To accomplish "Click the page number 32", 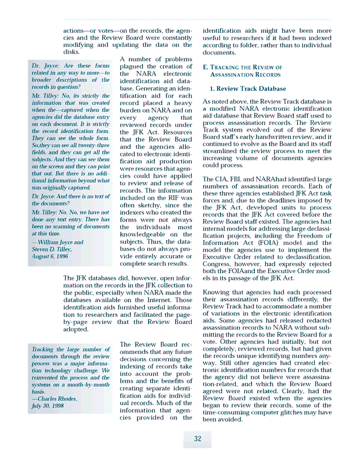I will coord(197,439).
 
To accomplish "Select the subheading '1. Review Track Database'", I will coord(248,89).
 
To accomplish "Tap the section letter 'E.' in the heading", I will coord(206,67).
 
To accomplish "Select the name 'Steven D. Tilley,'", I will coord(53,249).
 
